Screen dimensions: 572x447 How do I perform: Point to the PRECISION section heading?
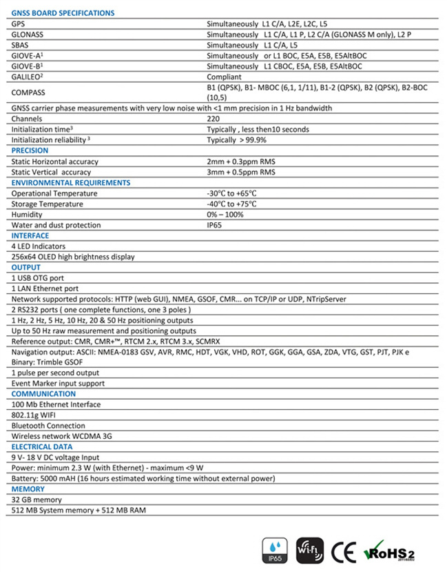tap(30, 150)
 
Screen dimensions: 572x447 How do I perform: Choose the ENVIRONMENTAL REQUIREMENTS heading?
tap(71, 183)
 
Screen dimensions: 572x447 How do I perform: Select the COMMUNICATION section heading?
tap(43, 394)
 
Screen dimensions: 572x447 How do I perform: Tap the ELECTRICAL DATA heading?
tap(43, 446)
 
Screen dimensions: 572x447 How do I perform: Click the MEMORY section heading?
tap(28, 489)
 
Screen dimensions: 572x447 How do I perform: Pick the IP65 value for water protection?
tap(215, 225)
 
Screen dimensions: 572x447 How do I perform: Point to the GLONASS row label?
tap(25, 34)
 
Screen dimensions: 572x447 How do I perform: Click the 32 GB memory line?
tap(37, 500)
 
